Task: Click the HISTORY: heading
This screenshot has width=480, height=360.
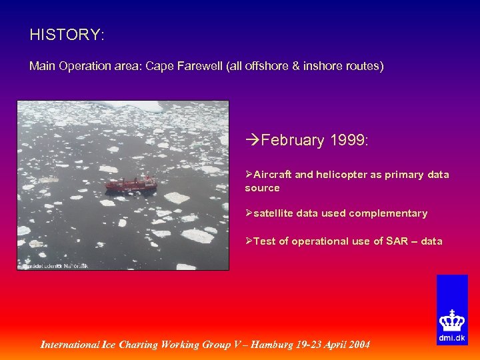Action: (x=67, y=35)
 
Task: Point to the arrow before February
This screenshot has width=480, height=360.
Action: (x=253, y=141)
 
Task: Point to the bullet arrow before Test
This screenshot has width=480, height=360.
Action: (x=249, y=241)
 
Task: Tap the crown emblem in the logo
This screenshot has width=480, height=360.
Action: (x=452, y=322)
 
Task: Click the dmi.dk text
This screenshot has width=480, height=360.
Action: (x=452, y=338)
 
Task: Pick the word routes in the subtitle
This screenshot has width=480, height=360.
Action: (x=367, y=67)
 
